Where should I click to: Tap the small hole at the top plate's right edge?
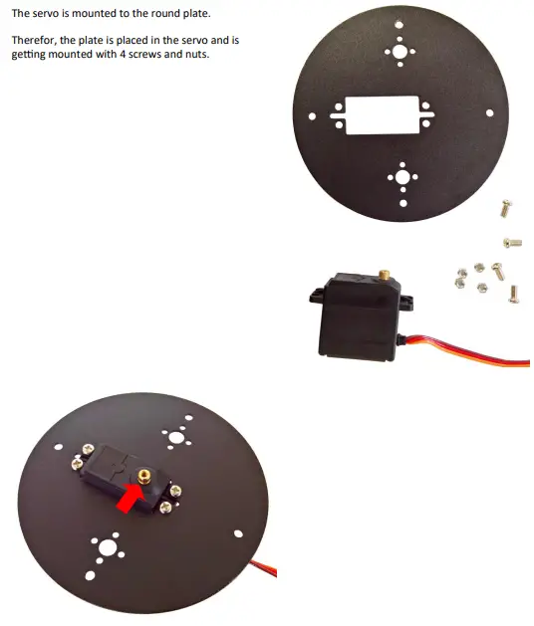489,113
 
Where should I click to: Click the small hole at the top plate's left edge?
313,116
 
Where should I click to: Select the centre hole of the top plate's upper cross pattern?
400,50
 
